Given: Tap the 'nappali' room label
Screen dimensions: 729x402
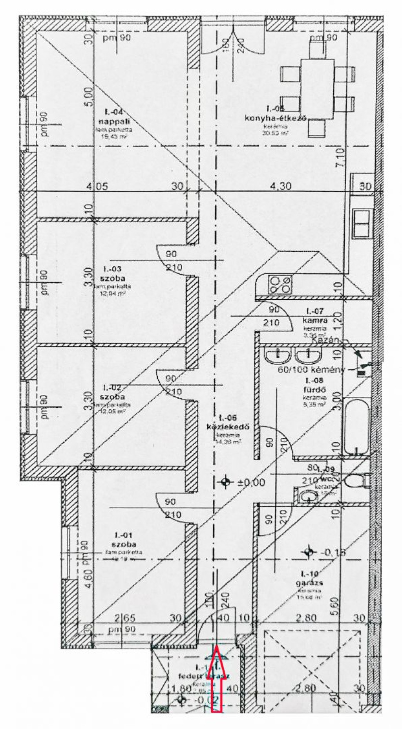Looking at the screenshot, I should (x=114, y=121).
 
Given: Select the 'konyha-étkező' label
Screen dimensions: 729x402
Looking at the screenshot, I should (x=275, y=118).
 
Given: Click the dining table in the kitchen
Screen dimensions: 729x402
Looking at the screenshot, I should (x=318, y=89).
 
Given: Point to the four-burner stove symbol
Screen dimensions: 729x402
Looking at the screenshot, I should (x=280, y=285).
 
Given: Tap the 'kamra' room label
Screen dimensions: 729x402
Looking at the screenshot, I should (x=315, y=320).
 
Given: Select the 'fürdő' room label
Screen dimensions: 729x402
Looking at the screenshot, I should (x=314, y=390).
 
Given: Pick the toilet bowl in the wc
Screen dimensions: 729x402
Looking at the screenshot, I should (x=356, y=480).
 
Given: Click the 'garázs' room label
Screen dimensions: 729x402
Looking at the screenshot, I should (x=309, y=583).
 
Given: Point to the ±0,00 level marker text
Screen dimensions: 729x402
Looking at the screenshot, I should (x=252, y=482).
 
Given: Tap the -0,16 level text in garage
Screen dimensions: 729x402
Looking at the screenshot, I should (x=334, y=552).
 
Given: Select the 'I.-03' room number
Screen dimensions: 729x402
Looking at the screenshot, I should (x=112, y=269).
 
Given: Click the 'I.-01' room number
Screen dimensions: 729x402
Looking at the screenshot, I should (x=124, y=535).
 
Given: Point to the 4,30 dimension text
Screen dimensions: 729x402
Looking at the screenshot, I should (x=281, y=186).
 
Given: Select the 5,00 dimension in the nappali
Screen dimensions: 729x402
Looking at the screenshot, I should (x=89, y=97).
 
